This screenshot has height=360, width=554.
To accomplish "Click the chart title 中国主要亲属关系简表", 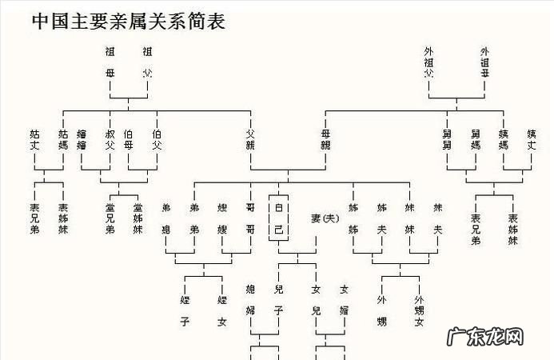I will (128, 22).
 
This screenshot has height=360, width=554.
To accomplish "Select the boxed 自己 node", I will (278, 218).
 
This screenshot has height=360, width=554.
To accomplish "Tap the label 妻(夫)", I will (326, 218).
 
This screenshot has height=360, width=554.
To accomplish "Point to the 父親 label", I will (250, 139).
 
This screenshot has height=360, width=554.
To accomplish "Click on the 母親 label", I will (325, 139).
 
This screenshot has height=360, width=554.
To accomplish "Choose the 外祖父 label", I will (429, 62).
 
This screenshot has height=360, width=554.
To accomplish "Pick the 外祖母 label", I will (484, 62).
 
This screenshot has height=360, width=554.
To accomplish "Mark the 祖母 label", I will (110, 62).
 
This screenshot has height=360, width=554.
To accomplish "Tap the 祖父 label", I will (146, 62).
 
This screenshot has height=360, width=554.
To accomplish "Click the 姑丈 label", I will (34, 139).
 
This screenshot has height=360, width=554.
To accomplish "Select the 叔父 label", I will (110, 139).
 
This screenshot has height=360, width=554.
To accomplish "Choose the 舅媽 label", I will (476, 139).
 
